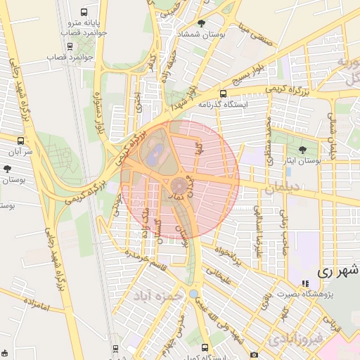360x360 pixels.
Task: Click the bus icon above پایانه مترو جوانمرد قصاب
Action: point(85,13)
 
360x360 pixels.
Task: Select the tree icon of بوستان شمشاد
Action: point(202,23)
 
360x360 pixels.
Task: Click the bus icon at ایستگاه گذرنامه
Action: point(224,94)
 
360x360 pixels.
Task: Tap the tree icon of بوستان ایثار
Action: point(303,150)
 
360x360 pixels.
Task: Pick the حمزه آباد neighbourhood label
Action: point(162,296)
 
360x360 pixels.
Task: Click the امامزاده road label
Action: point(28,304)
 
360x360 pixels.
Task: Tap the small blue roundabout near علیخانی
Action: point(193,293)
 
